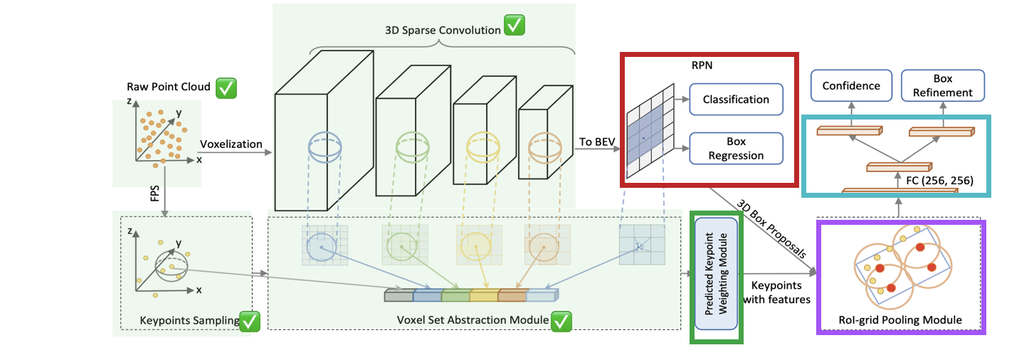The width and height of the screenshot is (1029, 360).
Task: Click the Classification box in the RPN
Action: point(736,100)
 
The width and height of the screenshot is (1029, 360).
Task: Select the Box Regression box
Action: point(736,149)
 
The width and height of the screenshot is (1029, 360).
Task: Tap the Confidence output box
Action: point(851,85)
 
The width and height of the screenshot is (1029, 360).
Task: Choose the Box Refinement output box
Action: point(943,85)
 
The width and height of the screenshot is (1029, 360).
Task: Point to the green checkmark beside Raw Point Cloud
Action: point(226,88)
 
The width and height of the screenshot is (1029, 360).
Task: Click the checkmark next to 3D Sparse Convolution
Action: point(514,26)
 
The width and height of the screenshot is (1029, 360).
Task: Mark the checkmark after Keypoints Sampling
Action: point(250,322)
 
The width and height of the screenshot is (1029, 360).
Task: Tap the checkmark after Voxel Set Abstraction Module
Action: point(561,322)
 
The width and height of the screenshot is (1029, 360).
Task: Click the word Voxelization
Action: point(231,144)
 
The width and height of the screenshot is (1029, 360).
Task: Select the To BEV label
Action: point(597,142)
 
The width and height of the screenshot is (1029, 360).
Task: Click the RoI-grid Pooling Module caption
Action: point(900,320)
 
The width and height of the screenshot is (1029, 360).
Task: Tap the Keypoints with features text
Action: point(776,292)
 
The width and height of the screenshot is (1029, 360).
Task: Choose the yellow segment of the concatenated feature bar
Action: point(484,295)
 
